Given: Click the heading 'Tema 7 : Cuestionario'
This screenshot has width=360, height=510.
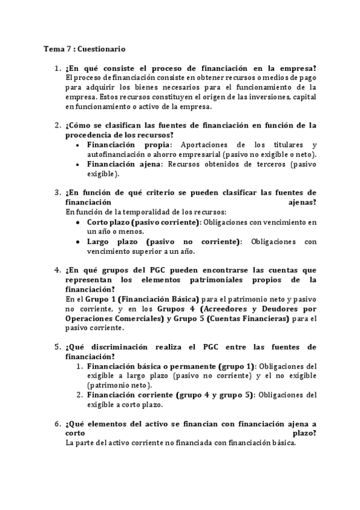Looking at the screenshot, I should pos(85,49).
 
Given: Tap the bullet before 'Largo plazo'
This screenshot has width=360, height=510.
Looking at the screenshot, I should pos(79,241).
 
